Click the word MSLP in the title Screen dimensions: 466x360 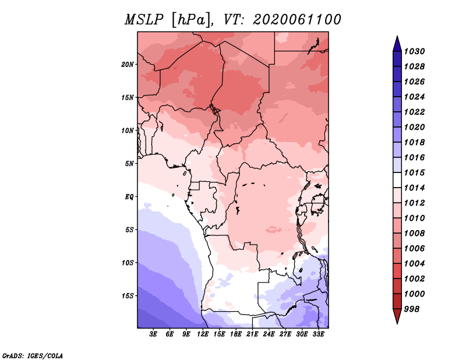(144, 20)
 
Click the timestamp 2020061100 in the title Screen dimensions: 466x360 (297, 20)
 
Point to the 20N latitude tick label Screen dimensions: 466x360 (128, 65)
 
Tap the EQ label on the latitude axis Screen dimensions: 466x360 (129, 197)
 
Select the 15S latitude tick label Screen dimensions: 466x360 (128, 296)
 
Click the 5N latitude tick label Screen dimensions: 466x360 (129, 164)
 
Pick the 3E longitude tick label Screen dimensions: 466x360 (153, 334)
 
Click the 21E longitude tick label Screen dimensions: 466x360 (252, 334)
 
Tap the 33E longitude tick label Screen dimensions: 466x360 (318, 334)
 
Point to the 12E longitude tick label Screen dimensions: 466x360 (203, 334)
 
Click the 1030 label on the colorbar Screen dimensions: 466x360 (414, 51)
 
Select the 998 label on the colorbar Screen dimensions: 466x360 (412, 309)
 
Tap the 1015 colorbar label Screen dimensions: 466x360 (414, 172)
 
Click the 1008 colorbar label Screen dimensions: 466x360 (414, 234)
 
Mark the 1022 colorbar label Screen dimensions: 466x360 (414, 112)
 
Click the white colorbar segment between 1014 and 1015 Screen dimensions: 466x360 (397, 180)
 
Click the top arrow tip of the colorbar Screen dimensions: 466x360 (397, 36)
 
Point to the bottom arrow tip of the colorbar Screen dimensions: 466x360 (397, 324)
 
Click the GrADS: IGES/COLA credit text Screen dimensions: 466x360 (33, 356)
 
